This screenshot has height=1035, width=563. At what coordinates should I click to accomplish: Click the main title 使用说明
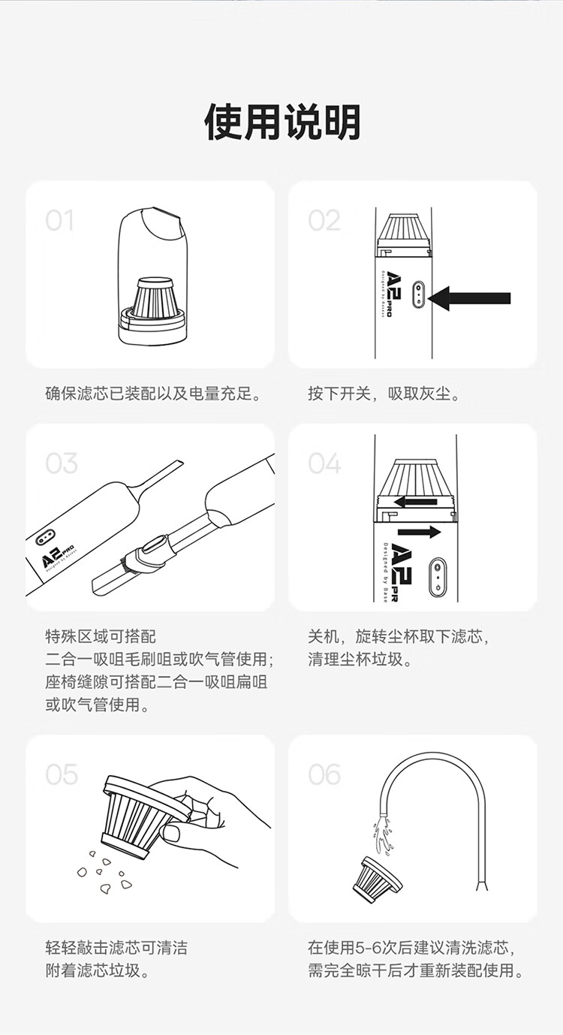point(281,122)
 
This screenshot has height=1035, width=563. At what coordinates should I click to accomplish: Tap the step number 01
point(59,220)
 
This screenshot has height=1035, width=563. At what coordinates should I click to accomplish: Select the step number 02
point(324,220)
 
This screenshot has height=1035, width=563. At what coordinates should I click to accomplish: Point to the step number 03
point(61,463)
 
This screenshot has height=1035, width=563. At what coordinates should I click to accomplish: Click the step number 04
point(324,463)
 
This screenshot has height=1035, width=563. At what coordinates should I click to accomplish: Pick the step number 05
point(61,774)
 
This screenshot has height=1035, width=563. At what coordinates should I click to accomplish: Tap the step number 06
point(324,774)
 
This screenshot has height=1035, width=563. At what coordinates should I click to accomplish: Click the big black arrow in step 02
point(469,298)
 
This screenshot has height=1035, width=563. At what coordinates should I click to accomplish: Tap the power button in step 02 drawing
point(418,294)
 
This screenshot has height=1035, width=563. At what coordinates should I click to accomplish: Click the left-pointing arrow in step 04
point(415,502)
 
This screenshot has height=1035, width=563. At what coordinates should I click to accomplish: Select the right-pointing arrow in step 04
point(420,532)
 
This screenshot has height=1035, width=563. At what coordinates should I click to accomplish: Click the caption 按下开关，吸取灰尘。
point(384,394)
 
